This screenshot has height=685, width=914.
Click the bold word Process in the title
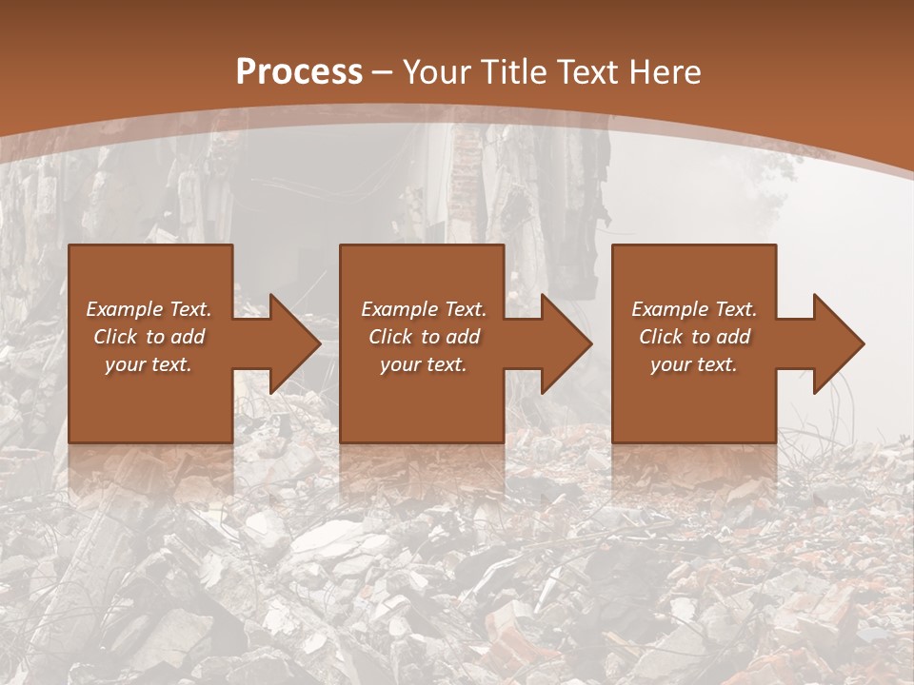(x=299, y=72)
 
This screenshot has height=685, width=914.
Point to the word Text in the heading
(x=587, y=72)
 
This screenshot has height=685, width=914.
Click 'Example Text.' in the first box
(x=149, y=309)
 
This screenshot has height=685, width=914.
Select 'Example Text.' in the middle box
(x=424, y=309)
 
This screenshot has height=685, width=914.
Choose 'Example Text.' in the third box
(x=694, y=309)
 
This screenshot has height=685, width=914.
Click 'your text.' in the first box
(x=149, y=364)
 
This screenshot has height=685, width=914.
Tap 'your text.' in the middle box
(x=424, y=364)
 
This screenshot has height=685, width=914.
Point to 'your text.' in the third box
(x=694, y=364)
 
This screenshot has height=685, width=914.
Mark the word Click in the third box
(x=662, y=337)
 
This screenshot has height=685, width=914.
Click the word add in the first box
(x=189, y=337)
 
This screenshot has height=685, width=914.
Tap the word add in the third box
(x=734, y=337)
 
